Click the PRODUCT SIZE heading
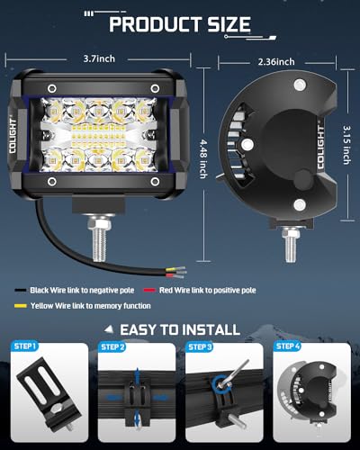180,22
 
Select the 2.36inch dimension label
274,62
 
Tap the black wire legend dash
19,292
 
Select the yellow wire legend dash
19,307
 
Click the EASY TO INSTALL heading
184,329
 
